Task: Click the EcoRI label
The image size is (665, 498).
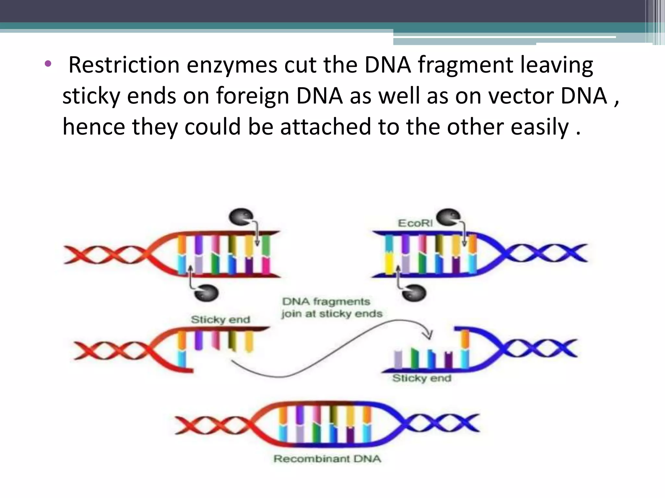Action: point(415,223)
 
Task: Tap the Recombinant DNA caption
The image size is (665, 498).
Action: point(327,459)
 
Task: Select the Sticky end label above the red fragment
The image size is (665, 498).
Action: point(220,319)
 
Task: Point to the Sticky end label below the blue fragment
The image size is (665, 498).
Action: point(421,378)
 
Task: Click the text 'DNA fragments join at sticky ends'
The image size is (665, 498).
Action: point(332,307)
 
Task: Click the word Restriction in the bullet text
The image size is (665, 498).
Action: point(124,65)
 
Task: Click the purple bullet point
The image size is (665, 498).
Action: point(48,64)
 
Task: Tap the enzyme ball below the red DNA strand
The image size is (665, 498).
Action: point(206,293)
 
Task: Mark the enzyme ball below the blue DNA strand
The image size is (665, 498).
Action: point(414,293)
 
